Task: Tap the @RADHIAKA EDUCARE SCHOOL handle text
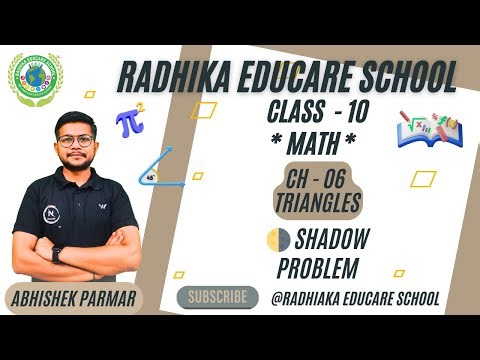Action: pyautogui.click(x=355, y=298)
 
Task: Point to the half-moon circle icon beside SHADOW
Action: pyautogui.click(x=278, y=241)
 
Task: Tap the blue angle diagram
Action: pyautogui.click(x=163, y=167)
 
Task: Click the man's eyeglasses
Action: pyautogui.click(x=77, y=140)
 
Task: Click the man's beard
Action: pyautogui.click(x=78, y=162)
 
